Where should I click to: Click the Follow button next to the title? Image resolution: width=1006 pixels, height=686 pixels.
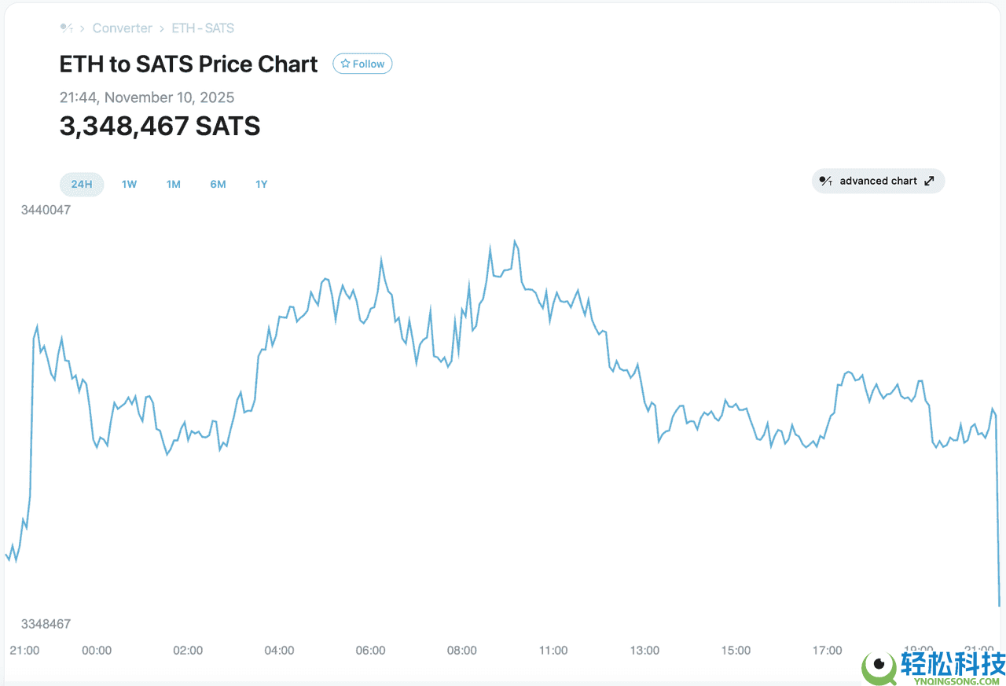point(362,64)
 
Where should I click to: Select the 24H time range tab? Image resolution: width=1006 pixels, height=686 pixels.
point(82,184)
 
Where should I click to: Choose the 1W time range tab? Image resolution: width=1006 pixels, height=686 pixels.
point(129,184)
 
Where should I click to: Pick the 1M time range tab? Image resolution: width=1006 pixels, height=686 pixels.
point(173,184)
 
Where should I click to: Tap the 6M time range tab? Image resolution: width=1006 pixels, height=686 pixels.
point(218,184)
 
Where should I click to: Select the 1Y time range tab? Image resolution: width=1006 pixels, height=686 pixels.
point(261,184)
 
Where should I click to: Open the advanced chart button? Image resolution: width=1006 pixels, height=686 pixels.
point(878,181)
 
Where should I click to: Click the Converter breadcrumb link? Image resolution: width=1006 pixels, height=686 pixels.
point(122,28)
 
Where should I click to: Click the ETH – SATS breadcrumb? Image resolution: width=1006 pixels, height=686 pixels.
point(203,28)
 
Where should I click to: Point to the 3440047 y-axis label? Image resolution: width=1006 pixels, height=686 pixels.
point(46,210)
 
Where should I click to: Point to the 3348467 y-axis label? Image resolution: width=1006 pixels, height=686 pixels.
point(46,624)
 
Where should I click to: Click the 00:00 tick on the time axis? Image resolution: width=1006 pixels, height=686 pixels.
point(97,650)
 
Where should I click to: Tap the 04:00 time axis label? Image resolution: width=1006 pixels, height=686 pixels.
point(279,650)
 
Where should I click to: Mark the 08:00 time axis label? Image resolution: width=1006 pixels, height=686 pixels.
point(461,650)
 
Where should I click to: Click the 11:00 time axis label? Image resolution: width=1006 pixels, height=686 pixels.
point(553,650)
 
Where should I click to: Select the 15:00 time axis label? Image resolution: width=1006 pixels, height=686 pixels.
point(736,650)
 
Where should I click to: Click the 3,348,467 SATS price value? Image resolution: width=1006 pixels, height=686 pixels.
point(160,126)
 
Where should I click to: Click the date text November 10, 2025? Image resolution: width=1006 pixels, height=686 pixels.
point(169,97)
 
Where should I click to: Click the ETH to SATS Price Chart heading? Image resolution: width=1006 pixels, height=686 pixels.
point(189,64)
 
